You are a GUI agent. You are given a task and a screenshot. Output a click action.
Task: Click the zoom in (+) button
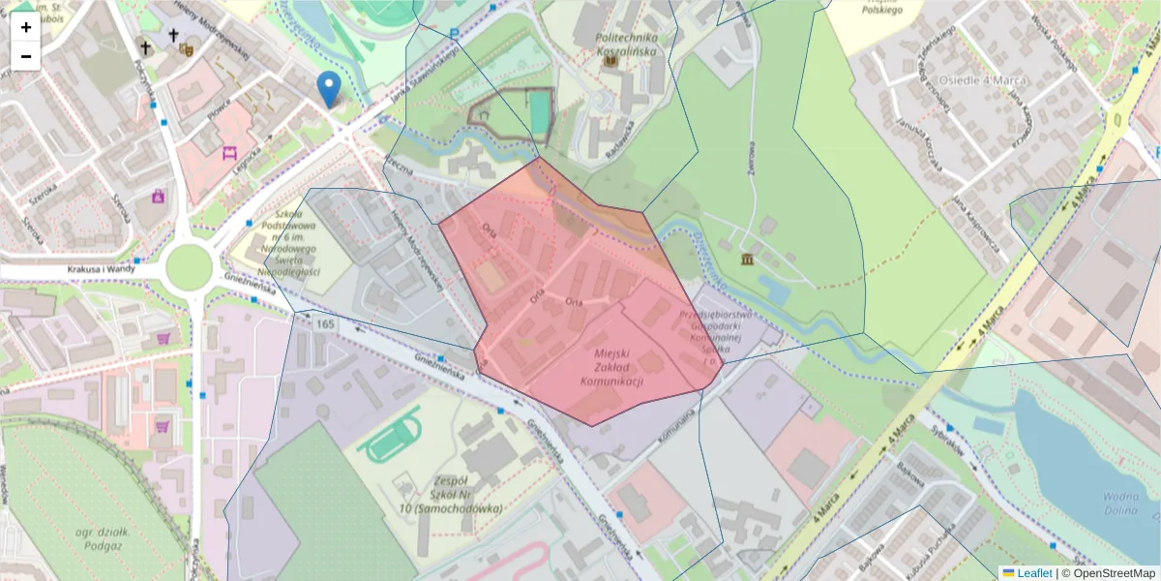tap(25, 27)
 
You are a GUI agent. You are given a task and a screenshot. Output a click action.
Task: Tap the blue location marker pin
tap(329, 88)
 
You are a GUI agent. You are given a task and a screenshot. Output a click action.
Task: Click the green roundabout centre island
tap(188, 267)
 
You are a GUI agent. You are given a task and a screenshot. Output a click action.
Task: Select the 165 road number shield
tap(324, 323)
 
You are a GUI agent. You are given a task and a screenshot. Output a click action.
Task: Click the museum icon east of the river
tap(749, 260)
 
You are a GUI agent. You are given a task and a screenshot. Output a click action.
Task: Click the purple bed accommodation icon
tap(230, 152)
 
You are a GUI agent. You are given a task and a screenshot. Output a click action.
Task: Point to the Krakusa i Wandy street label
tap(101, 269)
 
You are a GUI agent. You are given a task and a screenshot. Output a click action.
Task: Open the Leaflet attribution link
tap(1033, 572)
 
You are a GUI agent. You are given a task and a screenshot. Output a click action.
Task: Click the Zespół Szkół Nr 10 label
tap(453, 494)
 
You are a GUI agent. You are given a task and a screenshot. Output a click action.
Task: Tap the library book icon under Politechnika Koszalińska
tap(610, 61)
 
